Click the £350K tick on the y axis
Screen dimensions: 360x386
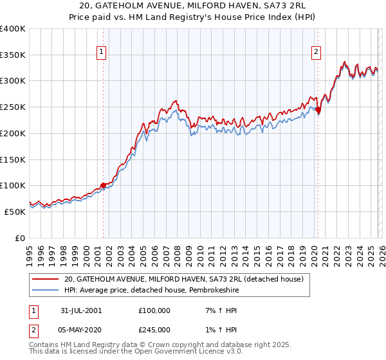pos(13,55)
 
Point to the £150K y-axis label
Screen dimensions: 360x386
pos(13,159)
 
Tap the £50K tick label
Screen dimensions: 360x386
pos(15,212)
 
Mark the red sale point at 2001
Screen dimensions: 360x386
pos(103,186)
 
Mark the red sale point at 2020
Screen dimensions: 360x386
pos(318,109)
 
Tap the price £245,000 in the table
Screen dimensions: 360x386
pos(154,329)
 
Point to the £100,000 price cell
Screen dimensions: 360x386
pos(154,310)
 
